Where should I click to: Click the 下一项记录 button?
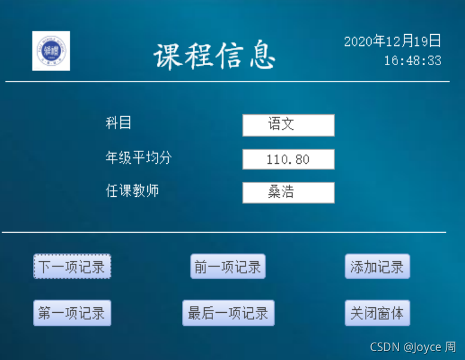pos(72,267)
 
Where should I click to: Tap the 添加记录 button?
pos(377,267)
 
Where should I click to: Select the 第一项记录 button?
pos(72,313)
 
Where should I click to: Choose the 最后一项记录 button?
pos(228,313)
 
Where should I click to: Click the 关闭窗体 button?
pos(377,313)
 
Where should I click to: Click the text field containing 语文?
pos(288,125)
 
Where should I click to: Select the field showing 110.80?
pos(288,159)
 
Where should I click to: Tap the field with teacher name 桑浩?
pos(288,193)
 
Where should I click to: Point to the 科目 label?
pos(118,123)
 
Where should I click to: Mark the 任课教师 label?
pos(132,191)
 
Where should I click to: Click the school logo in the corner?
pos(51,51)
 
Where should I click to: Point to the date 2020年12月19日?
pos(393,41)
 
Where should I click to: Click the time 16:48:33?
pos(412,60)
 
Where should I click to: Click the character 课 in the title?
pos(167,57)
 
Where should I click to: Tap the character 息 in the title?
pos(261,57)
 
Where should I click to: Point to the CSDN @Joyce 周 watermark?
pos(412,347)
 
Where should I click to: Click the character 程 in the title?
pos(198,57)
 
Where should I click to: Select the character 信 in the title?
pos(230,57)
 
